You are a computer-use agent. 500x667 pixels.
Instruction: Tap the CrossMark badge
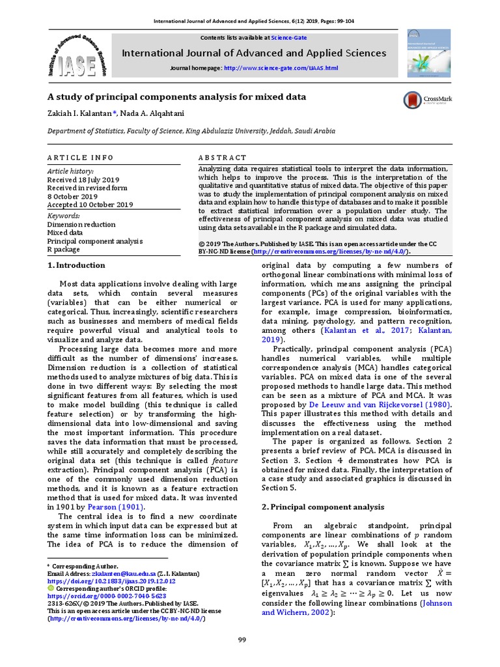[x=428, y=100]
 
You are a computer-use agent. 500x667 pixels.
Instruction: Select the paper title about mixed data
[x=176, y=97]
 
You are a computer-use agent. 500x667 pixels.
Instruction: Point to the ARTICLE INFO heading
[x=80, y=158]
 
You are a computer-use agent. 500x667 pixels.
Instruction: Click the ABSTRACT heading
[x=222, y=158]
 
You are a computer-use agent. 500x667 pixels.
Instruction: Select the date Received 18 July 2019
[x=83, y=179]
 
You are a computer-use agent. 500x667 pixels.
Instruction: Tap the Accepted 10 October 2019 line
[x=90, y=205]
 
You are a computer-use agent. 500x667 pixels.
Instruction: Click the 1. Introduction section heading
[x=77, y=265]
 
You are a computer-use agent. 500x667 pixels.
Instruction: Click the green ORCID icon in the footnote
[x=52, y=588]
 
